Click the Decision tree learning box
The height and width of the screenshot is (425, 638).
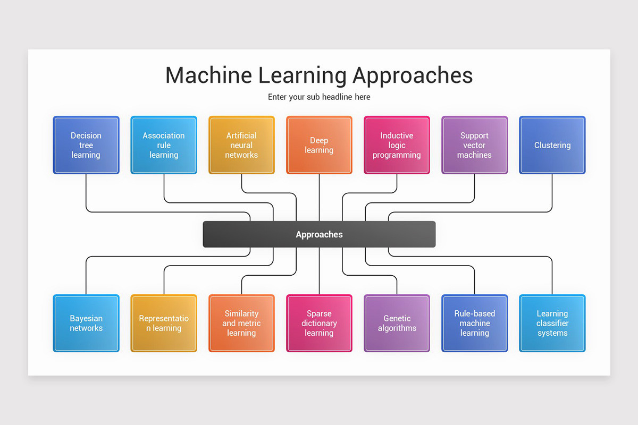pos(86,145)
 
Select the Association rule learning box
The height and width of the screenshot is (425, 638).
pos(164,145)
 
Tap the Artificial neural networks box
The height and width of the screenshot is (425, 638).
pos(241,145)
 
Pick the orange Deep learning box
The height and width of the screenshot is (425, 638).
pos(319,145)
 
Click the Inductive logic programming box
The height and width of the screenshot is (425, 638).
pos(397,145)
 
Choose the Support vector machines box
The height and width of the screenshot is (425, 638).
pos(474,145)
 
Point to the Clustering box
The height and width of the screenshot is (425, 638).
pos(552,145)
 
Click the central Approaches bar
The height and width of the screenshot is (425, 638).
pos(319,234)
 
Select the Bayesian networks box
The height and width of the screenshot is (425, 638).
pos(86,323)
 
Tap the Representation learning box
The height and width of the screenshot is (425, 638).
pos(164,323)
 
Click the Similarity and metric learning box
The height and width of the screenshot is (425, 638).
pos(241,323)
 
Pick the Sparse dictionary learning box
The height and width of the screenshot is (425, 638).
pos(319,323)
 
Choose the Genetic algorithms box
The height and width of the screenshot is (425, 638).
pos(397,323)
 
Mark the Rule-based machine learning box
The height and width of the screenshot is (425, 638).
pos(474,323)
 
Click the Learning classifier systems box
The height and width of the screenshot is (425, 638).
pos(552,323)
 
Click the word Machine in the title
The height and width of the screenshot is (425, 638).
pos(208,75)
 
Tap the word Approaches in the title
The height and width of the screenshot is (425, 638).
pos(413,75)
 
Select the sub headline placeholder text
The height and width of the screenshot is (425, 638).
pos(319,97)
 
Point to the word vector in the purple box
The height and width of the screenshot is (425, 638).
pos(474,145)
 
